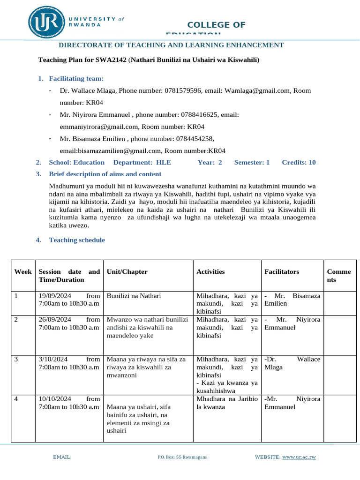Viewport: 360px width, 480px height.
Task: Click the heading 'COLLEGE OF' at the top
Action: pyautogui.click(x=216, y=25)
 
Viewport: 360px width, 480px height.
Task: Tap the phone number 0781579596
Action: pyautogui.click(x=183, y=90)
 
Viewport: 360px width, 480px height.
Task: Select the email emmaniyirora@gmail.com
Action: pyautogui.click(x=99, y=127)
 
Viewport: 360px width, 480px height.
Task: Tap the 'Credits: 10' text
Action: pyautogui.click(x=299, y=162)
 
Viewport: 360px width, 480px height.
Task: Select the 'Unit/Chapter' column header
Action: pyautogui.click(x=127, y=272)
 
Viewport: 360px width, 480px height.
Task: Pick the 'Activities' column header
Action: pyautogui.click(x=210, y=272)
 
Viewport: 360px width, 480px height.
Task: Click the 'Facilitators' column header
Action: pyautogui.click(x=282, y=272)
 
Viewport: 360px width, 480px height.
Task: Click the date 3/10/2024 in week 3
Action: pyautogui.click(x=53, y=359)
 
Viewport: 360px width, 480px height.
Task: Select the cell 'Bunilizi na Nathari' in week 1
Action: pyautogui.click(x=134, y=296)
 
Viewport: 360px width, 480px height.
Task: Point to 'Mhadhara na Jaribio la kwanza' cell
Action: pyautogui.click(x=227, y=403)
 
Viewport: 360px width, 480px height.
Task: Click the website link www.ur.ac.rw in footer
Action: pyautogui.click(x=299, y=457)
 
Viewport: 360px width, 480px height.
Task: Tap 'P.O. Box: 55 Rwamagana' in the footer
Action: pyautogui.click(x=183, y=457)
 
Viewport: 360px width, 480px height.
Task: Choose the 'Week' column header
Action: pyautogui.click(x=23, y=272)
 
